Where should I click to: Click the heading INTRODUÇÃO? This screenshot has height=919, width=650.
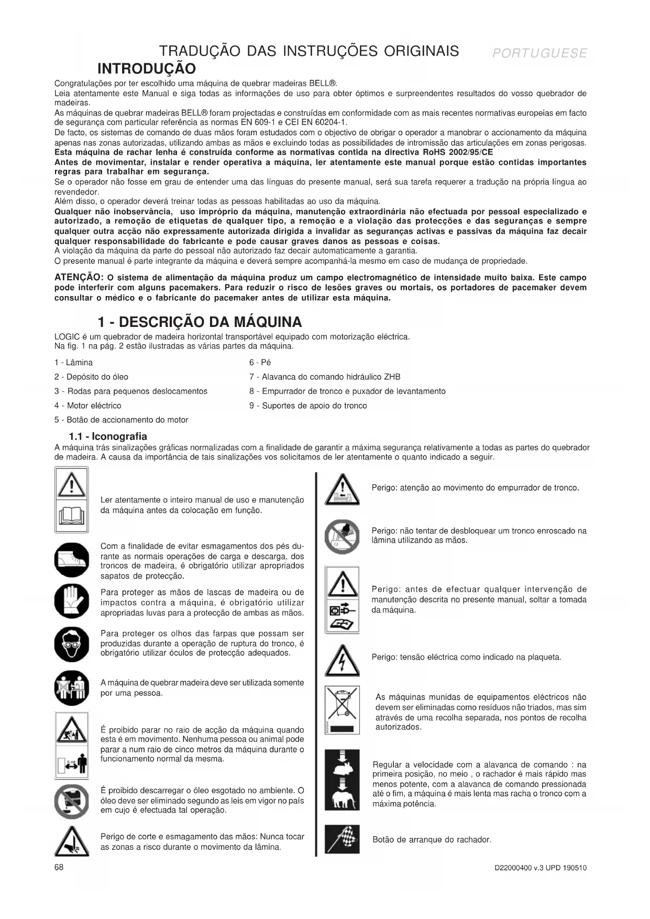point(147,69)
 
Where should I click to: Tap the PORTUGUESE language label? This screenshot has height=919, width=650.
point(539,53)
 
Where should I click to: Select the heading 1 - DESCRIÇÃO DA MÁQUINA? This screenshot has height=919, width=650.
point(200,322)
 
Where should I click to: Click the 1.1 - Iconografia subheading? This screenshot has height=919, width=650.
point(108,436)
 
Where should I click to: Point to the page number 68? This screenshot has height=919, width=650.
point(59,867)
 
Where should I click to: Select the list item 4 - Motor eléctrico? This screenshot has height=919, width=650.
point(87,406)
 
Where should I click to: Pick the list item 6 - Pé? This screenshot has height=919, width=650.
point(260,363)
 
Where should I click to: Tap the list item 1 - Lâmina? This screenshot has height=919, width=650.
point(73,363)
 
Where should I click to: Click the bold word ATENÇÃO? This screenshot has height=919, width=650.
point(79,277)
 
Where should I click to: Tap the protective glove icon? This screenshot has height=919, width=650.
point(72,601)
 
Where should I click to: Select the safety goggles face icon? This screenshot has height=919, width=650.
point(72,644)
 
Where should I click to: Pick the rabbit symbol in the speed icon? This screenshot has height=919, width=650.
point(342,766)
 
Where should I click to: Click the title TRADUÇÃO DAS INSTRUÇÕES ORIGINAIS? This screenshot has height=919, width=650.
point(309,51)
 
